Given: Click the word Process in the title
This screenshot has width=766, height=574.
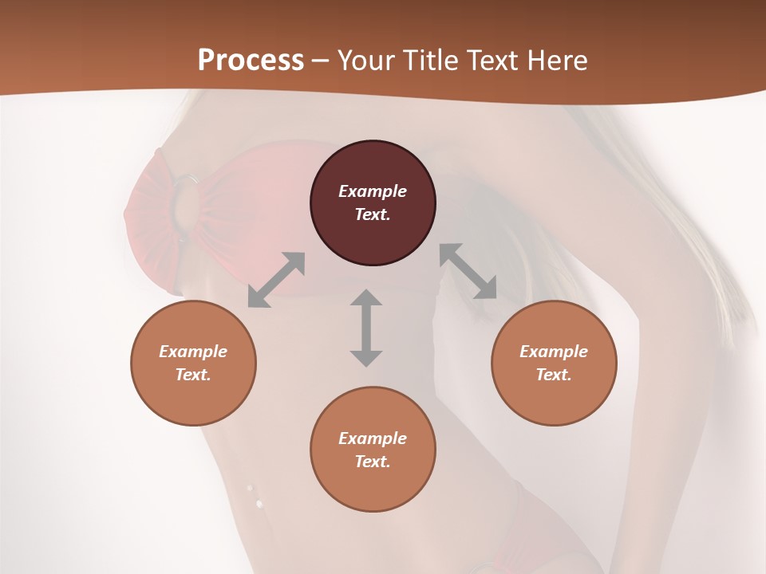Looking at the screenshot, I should (x=251, y=61).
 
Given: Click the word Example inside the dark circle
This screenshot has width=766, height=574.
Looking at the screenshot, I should (x=373, y=191).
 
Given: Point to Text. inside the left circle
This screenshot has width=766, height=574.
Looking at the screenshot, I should (x=193, y=375).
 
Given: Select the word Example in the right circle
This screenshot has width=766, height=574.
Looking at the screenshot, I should (x=554, y=352).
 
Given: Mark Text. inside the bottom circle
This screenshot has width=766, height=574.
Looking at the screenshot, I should (x=373, y=462).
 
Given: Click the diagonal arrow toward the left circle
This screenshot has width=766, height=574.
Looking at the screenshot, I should (x=276, y=280).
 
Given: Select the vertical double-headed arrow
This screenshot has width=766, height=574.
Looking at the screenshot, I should (x=366, y=328).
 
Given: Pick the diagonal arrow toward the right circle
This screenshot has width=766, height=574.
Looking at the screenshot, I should (x=468, y=272).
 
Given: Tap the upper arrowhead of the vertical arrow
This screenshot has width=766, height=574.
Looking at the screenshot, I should (x=366, y=297).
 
